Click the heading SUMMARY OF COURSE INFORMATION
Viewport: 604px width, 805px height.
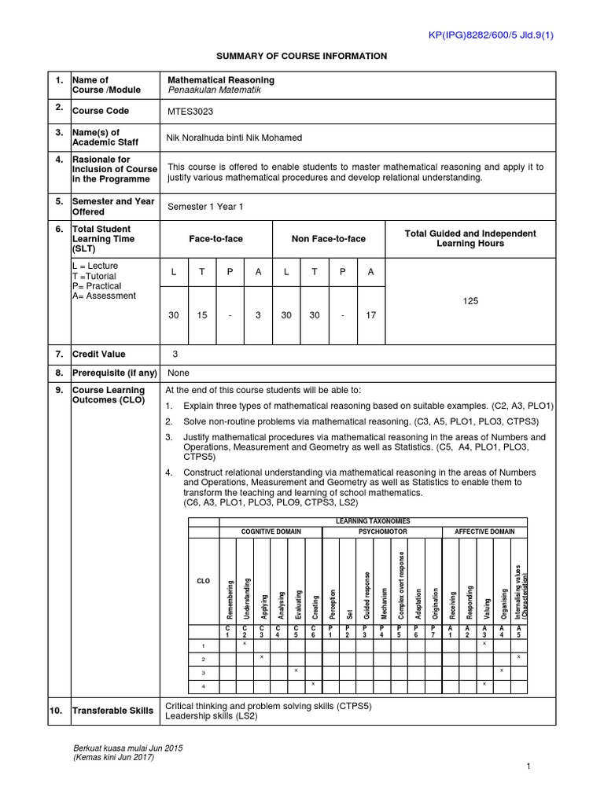tap(302, 56)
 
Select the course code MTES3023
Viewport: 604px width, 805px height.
tap(190, 112)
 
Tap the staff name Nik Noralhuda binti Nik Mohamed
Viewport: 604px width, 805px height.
tap(234, 138)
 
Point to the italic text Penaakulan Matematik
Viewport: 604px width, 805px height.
tap(214, 90)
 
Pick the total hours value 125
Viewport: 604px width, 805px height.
tap(471, 300)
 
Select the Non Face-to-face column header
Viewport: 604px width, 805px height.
tap(328, 239)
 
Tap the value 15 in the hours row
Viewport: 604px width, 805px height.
tap(202, 315)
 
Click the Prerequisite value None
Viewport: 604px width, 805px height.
tap(179, 373)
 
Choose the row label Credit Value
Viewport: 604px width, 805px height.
tap(98, 355)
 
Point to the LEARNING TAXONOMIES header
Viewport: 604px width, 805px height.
tap(372, 521)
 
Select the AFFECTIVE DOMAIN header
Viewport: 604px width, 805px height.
tap(484, 531)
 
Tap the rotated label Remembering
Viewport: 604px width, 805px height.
tap(230, 597)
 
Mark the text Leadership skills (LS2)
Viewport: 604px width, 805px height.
tap(212, 716)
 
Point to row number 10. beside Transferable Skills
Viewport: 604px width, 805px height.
tap(56, 711)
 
